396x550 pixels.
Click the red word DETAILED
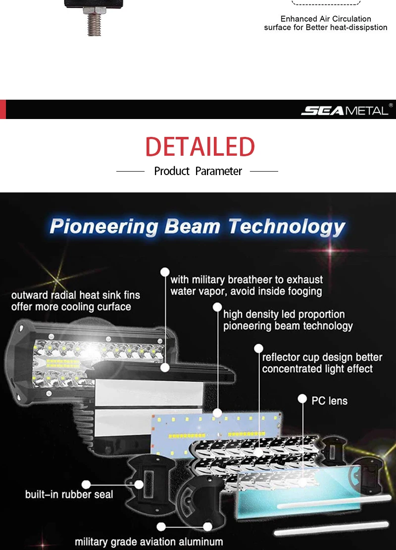click(x=200, y=147)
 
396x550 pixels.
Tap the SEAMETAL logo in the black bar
click(x=345, y=111)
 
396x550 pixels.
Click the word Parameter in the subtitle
click(x=218, y=171)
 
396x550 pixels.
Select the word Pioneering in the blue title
click(x=103, y=227)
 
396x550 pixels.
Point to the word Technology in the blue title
click(x=287, y=227)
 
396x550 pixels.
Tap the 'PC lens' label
click(x=330, y=401)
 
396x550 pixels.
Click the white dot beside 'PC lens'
click(x=302, y=399)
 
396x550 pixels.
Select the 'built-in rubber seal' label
click(x=69, y=494)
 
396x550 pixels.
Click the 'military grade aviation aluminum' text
click(x=149, y=542)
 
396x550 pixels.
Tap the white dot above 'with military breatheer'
click(x=165, y=272)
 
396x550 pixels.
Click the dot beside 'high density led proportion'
click(x=217, y=307)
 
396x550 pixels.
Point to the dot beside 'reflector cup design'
click(x=259, y=348)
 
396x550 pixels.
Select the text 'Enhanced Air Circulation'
click(x=326, y=19)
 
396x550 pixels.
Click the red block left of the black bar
click(x=3, y=110)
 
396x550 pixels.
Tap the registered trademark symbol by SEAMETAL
click(x=391, y=105)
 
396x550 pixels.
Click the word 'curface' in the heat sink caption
click(x=114, y=307)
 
